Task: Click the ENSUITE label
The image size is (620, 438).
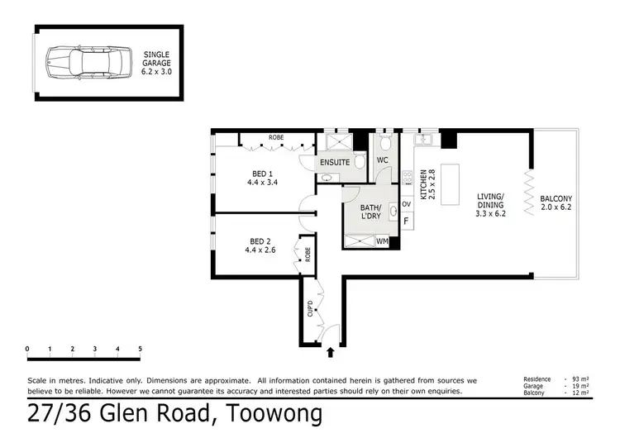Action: pyautogui.click(x=335, y=163)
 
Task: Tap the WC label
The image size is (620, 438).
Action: pyautogui.click(x=383, y=159)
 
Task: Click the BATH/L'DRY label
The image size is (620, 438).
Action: pyautogui.click(x=370, y=212)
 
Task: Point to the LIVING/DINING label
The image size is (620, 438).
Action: pyautogui.click(x=490, y=203)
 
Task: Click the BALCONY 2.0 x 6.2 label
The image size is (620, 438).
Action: pyautogui.click(x=556, y=203)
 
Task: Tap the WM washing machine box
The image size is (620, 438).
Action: pyautogui.click(x=383, y=241)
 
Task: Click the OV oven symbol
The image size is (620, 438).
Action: pyautogui.click(x=406, y=203)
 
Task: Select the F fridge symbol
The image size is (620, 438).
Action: pyautogui.click(x=406, y=221)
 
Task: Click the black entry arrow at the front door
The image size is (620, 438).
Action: pyautogui.click(x=331, y=352)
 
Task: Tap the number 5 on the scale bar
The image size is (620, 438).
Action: pyautogui.click(x=140, y=349)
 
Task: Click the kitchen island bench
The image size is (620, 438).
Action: pyautogui.click(x=451, y=185)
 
